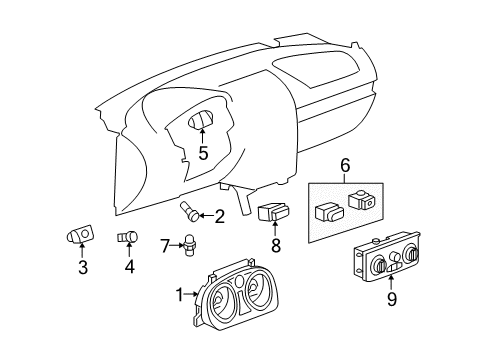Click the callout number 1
pyautogui.click(x=180, y=294)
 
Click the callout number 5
pyautogui.click(x=203, y=153)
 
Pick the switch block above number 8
pyautogui.click(x=273, y=213)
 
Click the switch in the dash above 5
pyautogui.click(x=203, y=125)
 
